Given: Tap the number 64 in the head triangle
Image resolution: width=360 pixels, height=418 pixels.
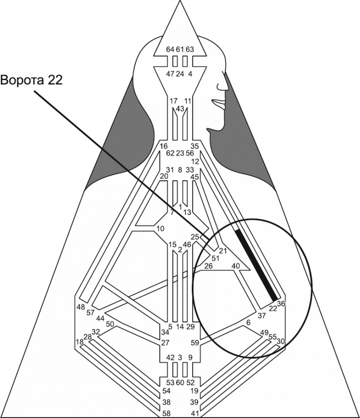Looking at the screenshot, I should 170,49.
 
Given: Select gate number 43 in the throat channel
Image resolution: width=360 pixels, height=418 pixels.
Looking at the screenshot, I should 180,109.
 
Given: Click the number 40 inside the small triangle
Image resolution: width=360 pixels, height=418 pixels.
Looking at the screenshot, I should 236,265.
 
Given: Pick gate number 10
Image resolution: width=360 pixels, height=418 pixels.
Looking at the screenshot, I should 160,228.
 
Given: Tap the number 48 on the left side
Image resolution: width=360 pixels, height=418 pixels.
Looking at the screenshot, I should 81,306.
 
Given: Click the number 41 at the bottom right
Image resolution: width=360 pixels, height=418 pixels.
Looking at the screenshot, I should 195,413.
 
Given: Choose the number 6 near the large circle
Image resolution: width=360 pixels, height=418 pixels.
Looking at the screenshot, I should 248,322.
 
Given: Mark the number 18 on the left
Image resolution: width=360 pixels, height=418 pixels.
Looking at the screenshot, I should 80,342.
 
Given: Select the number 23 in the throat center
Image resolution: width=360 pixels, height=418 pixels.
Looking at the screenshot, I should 180,153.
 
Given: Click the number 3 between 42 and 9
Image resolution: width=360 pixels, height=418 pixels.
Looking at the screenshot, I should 180,357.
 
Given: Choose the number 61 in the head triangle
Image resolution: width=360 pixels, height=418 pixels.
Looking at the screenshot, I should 180,49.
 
